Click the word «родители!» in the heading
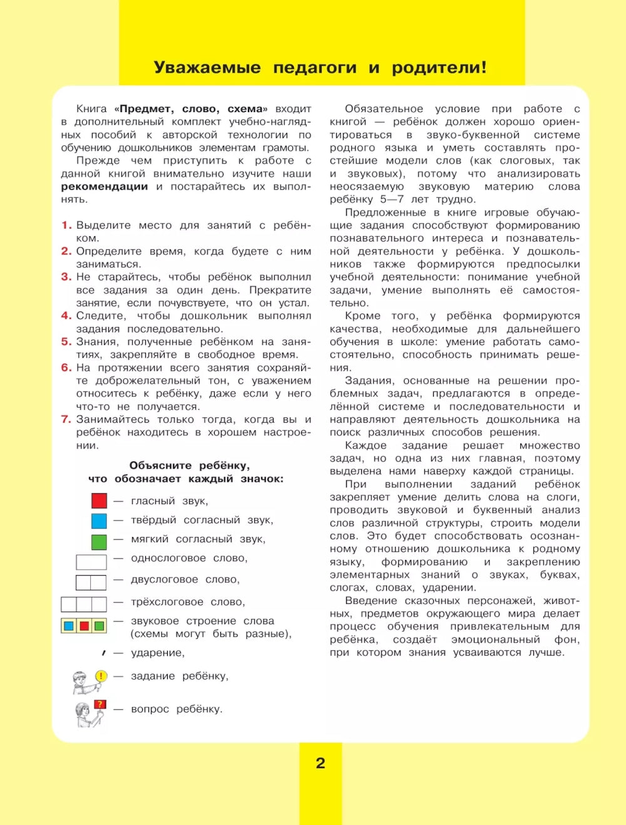tap(439, 68)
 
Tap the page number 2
tap(321, 763)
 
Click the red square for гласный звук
tap(99, 501)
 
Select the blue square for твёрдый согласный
tap(99, 521)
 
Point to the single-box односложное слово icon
tap(91, 561)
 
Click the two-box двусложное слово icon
tap(91, 583)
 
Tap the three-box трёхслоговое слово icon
tap(84, 604)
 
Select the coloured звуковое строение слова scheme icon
tap(84, 625)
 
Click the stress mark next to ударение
tap(103, 653)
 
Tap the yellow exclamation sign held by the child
tap(101, 676)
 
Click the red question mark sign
tap(100, 705)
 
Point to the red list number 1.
tap(66, 225)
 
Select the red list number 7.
tap(66, 419)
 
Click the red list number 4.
tap(66, 316)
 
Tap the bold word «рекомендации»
tap(105, 187)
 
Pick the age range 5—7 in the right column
tap(392, 199)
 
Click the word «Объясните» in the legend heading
tap(160, 465)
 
